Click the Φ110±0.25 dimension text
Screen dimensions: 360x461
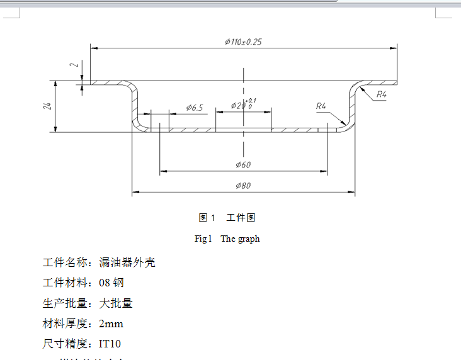pyautogui.click(x=243, y=42)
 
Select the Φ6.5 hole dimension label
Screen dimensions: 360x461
pyautogui.click(x=195, y=108)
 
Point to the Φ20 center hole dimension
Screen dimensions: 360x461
pyautogui.click(x=237, y=105)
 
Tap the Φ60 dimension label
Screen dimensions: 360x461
pyautogui.click(x=243, y=165)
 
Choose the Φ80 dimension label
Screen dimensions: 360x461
pyautogui.click(x=243, y=186)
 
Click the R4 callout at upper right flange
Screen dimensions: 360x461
pyautogui.click(x=381, y=94)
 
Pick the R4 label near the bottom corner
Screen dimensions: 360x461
pyautogui.click(x=321, y=106)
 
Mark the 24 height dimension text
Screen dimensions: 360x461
pyautogui.click(x=47, y=106)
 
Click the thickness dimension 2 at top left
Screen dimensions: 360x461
pyautogui.click(x=74, y=65)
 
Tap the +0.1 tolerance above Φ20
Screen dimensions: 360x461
pyautogui.click(x=251, y=100)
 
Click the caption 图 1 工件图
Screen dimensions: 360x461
pyautogui.click(x=227, y=218)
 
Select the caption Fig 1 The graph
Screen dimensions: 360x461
pyautogui.click(x=227, y=239)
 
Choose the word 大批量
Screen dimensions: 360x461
pyautogui.click(x=116, y=303)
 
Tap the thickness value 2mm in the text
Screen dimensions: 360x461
pyautogui.click(x=111, y=324)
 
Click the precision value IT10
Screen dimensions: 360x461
pyautogui.click(x=110, y=344)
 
